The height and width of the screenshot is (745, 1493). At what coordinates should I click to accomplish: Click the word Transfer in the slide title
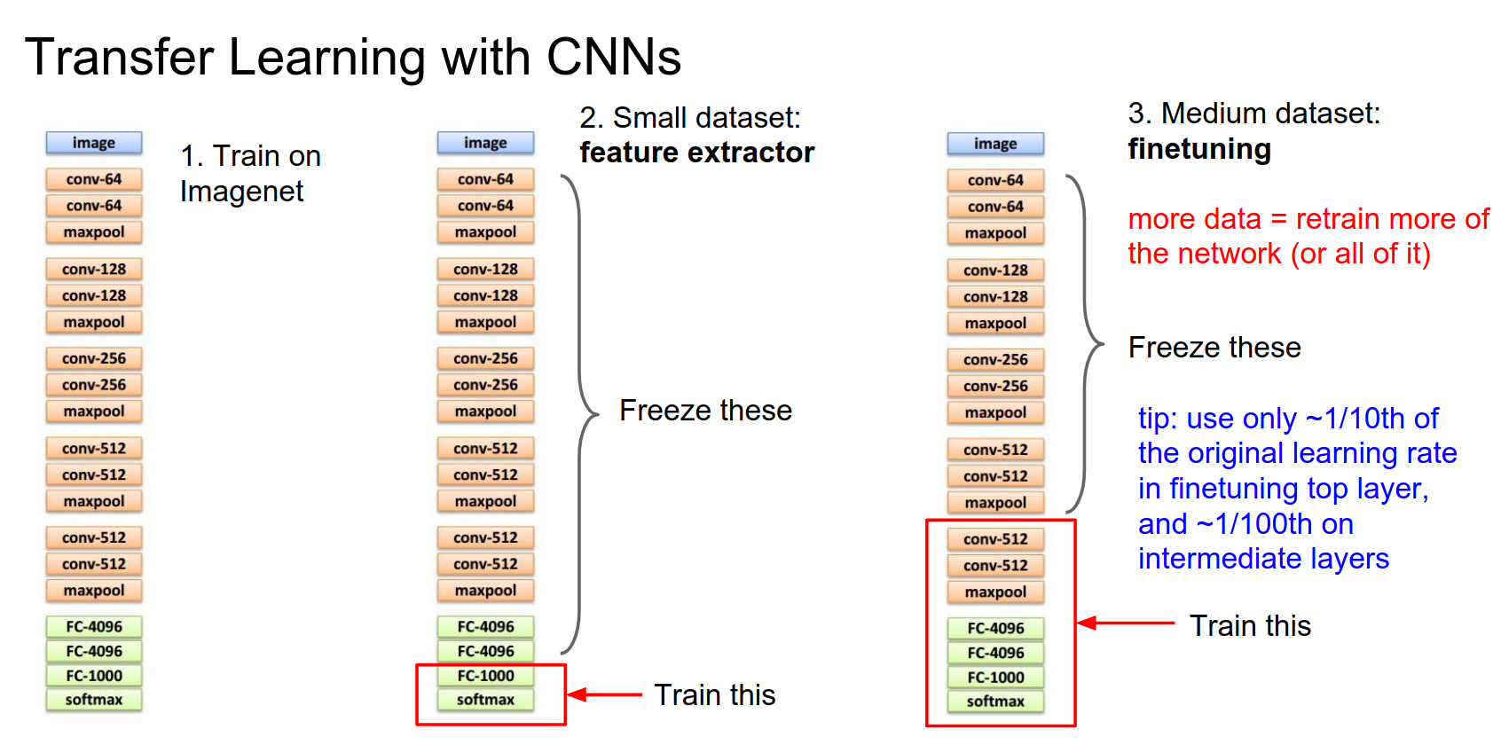pyautogui.click(x=119, y=58)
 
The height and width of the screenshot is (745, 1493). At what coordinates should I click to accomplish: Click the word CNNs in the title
pyautogui.click(x=613, y=58)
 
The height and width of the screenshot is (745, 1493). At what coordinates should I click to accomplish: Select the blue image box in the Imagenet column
pyautogui.click(x=94, y=143)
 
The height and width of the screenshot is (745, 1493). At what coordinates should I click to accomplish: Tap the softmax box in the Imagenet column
pyautogui.click(x=94, y=700)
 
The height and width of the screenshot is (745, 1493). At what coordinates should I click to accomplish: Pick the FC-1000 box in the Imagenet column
pyautogui.click(x=94, y=676)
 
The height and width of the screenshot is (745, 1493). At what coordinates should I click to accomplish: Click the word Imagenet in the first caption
pyautogui.click(x=241, y=192)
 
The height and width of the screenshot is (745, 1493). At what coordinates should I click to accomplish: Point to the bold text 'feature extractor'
pyautogui.click(x=696, y=153)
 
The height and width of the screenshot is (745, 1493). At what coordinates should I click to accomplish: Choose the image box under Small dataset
pyautogui.click(x=485, y=143)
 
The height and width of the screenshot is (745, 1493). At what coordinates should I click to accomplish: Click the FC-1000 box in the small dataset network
pyautogui.click(x=485, y=676)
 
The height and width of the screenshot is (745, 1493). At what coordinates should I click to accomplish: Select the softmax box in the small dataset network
pyautogui.click(x=485, y=700)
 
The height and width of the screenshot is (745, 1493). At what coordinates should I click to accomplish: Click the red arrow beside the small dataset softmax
pyautogui.click(x=603, y=694)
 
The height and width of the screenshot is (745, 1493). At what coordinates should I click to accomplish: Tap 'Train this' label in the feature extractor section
pyautogui.click(x=714, y=695)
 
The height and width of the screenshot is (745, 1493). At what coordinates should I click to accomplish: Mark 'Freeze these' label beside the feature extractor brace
pyautogui.click(x=705, y=411)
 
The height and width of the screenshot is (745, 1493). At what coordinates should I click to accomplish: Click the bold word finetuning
pyautogui.click(x=1199, y=149)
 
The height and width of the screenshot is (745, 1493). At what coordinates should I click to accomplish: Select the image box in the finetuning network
pyautogui.click(x=995, y=144)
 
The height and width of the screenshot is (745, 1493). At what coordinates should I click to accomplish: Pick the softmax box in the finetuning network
pyautogui.click(x=995, y=702)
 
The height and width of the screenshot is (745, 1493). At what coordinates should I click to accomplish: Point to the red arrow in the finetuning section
pyautogui.click(x=1125, y=623)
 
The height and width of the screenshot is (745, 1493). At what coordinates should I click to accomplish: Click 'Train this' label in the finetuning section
pyautogui.click(x=1250, y=626)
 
